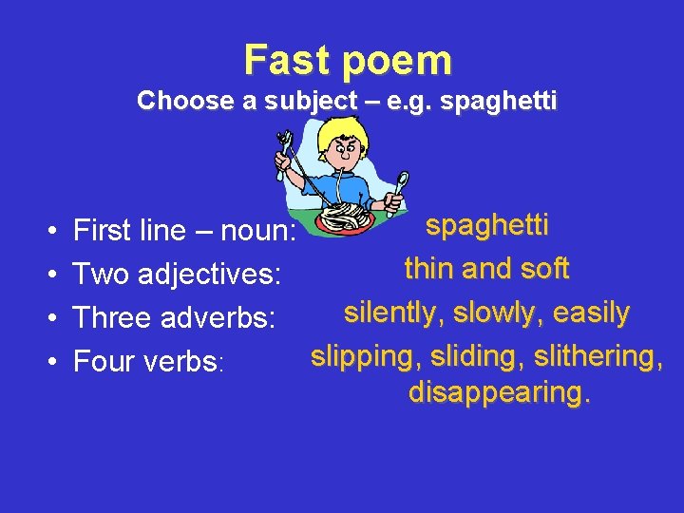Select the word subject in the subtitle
[x=295, y=101]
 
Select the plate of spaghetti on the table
[x=347, y=218]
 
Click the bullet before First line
[x=48, y=231]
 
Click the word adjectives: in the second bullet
[x=210, y=275]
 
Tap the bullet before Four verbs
[x=48, y=362]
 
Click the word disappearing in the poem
[x=499, y=391]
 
